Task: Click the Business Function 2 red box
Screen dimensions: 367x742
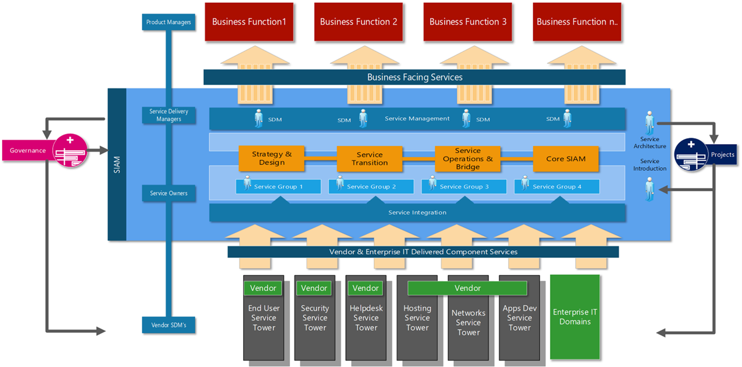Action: (359, 22)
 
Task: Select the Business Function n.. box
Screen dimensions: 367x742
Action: (577, 22)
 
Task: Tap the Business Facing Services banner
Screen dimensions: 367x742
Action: (414, 77)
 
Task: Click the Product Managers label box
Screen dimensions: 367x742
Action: (169, 22)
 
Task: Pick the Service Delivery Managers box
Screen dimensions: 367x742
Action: (169, 115)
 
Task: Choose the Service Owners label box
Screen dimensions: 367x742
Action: (169, 193)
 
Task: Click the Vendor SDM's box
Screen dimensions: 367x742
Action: (169, 325)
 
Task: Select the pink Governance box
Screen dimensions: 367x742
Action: (27, 151)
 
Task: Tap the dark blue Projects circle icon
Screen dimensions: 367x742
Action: (691, 154)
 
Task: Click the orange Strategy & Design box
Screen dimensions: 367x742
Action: (271, 158)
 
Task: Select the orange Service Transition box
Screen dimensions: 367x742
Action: (369, 159)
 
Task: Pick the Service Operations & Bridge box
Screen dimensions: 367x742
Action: (468, 159)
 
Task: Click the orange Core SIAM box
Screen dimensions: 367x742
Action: (566, 159)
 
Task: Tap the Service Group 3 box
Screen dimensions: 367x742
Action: (464, 187)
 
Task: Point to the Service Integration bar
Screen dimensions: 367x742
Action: (417, 213)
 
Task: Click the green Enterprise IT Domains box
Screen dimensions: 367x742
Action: (575, 317)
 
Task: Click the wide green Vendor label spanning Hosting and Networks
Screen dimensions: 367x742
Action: (467, 288)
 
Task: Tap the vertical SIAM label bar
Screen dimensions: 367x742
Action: (117, 165)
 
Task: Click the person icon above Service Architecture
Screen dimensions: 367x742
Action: (649, 123)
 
